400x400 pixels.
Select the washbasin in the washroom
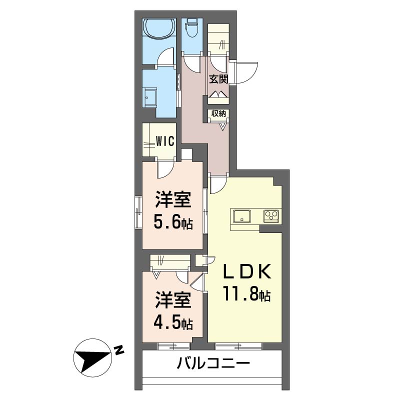coord(150,96)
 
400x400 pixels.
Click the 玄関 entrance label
coord(218,79)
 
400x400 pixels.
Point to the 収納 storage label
coord(218,113)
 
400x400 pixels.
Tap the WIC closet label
coord(164,141)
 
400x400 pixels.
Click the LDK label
coord(247,272)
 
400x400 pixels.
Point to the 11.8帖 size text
coord(247,295)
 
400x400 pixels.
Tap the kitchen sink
coord(242,216)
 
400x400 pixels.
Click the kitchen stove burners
coord(271,216)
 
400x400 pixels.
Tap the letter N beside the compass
coord(119,350)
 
